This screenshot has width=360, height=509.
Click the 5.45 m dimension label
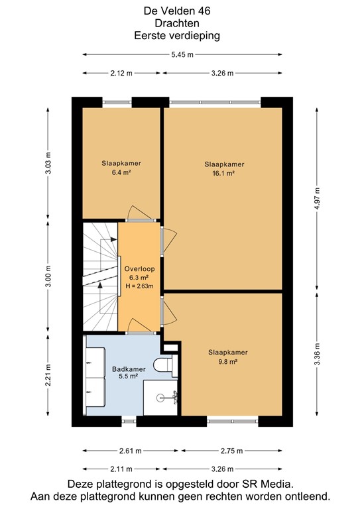coord(181,55)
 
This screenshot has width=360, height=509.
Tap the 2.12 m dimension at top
coord(121,73)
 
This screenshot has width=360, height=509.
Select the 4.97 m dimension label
coord(317,198)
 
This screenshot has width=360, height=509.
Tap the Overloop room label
coord(139,269)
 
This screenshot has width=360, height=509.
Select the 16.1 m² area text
coord(224,173)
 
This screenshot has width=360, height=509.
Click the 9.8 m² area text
coord(227,362)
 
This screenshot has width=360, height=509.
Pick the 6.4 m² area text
coord(121,172)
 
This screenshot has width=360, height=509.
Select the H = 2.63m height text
coord(139,287)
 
